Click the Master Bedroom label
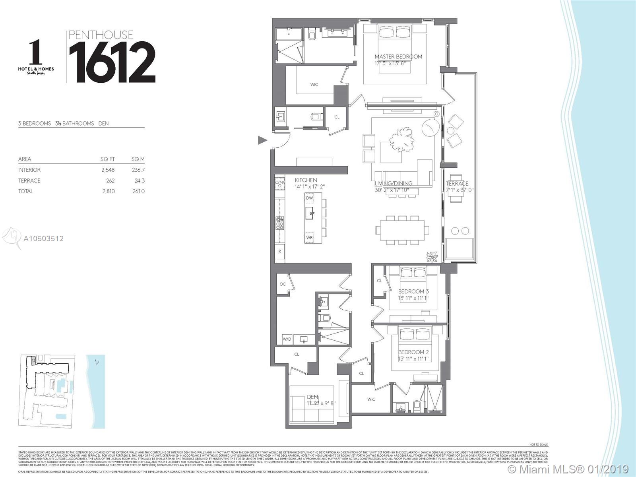pos(398,56)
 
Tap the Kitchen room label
pos(306,180)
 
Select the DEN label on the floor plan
pos(312,397)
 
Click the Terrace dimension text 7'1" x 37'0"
pos(457,190)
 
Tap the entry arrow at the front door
pos(262,140)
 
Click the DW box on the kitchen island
pos(310,198)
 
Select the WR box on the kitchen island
pos(310,238)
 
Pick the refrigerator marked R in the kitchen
pos(280,251)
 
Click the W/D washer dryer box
pos(287,339)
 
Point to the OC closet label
pos(283,284)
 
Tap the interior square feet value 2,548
pos(108,170)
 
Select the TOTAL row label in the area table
pos(26,191)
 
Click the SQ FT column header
pos(108,159)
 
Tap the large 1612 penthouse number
pos(112,62)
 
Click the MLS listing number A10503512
pos(44,238)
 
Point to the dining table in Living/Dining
pos(402,230)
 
